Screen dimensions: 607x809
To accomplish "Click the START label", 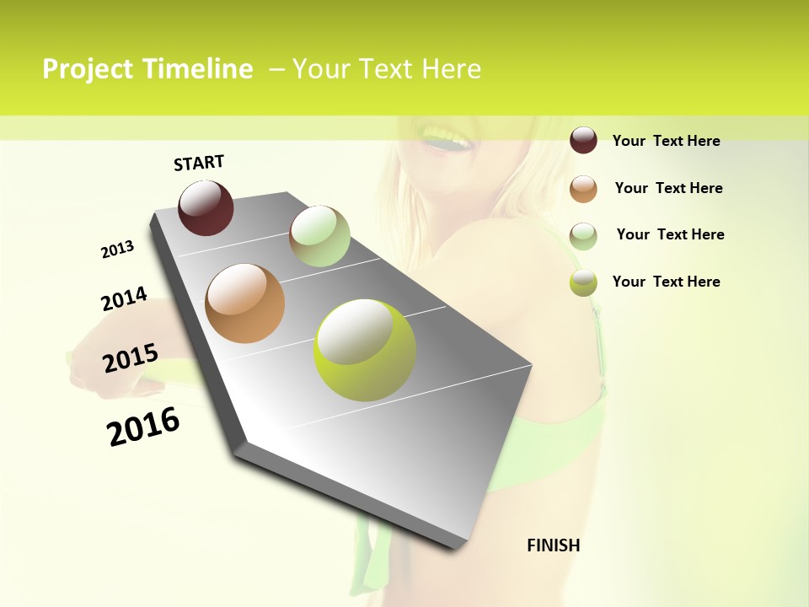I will pyautogui.click(x=199, y=163).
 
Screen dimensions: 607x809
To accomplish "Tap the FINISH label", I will pyautogui.click(x=553, y=545).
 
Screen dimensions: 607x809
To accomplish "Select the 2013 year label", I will pyautogui.click(x=117, y=249).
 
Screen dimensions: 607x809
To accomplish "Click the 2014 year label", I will pyautogui.click(x=124, y=299).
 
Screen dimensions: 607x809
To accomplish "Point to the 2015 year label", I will pyautogui.click(x=131, y=358).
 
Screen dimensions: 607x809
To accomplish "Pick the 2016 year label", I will pyautogui.click(x=143, y=427).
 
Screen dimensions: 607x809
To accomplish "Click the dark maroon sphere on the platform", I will pyautogui.click(x=206, y=208).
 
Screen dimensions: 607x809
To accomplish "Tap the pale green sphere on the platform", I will pyautogui.click(x=319, y=236).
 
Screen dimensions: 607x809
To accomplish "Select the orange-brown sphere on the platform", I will pyautogui.click(x=245, y=303).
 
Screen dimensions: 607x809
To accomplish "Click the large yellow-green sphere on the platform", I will pyautogui.click(x=365, y=350).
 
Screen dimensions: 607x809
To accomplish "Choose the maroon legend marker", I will pyautogui.click(x=583, y=140).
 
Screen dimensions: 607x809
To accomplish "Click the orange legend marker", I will pyautogui.click(x=583, y=188).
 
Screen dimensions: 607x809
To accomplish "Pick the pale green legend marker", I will pyautogui.click(x=583, y=235).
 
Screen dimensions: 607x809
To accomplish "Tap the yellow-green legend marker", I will pyautogui.click(x=583, y=282).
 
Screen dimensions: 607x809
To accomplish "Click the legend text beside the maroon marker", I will pyautogui.click(x=666, y=141).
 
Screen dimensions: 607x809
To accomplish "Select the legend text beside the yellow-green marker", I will pyautogui.click(x=666, y=282).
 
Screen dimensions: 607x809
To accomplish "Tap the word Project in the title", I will pyautogui.click(x=88, y=69).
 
